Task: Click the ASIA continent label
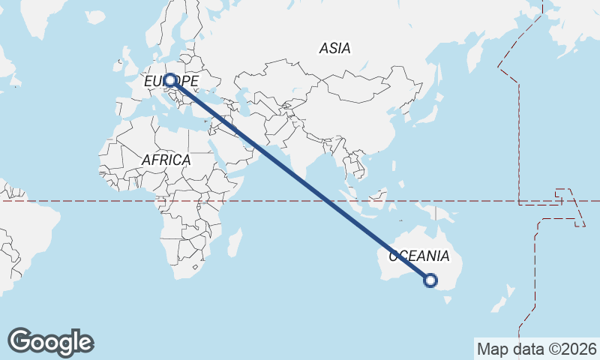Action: pos(334,49)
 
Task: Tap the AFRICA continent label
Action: pos(166,160)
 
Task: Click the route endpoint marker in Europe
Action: pos(171,79)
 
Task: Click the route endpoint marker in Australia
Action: pos(430,280)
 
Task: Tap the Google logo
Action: pos(50,342)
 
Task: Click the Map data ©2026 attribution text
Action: pos(536,349)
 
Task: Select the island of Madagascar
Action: pos(234,243)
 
